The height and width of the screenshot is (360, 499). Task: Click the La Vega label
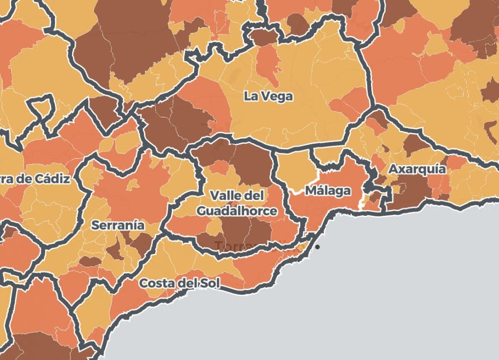[268, 96]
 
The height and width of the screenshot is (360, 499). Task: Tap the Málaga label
[328, 190]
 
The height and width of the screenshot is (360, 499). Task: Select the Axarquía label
[417, 169]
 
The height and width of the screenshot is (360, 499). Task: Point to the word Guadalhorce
[237, 211]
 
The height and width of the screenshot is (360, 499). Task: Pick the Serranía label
[118, 226]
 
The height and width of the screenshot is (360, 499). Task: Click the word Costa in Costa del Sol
[156, 282]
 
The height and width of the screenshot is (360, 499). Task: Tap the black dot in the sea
[317, 247]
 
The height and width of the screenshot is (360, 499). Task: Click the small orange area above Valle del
[220, 167]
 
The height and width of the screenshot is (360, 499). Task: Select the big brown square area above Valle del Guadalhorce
[252, 163]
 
